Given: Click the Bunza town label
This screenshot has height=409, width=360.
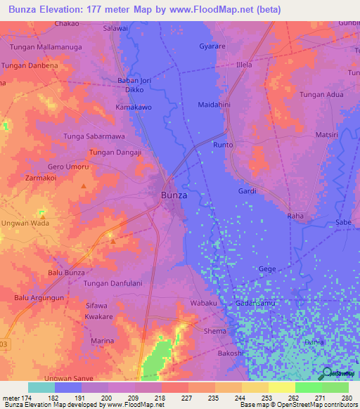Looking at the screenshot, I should pyautogui.click(x=174, y=195).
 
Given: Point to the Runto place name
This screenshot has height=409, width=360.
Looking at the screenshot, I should pyautogui.click(x=223, y=145).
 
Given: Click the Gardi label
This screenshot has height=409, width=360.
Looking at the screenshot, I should pyautogui.click(x=247, y=191).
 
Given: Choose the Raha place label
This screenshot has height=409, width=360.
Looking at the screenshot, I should pyautogui.click(x=295, y=216).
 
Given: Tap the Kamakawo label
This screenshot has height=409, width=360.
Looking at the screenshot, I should pyautogui.click(x=134, y=108).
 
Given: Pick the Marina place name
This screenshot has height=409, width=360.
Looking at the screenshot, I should pyautogui.click(x=102, y=341).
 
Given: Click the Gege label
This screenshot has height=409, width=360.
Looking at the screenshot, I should pyautogui.click(x=267, y=269).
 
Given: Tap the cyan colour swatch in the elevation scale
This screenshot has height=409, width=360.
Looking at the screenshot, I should pyautogui.click(x=41, y=387).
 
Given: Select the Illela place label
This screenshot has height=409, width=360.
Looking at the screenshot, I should pyautogui.click(x=244, y=65).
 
